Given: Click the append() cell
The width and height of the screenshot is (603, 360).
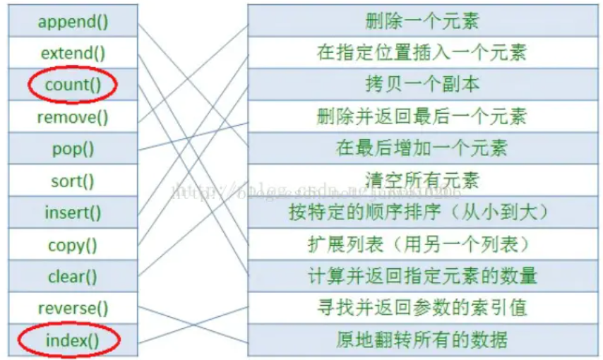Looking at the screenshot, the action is click(73, 21).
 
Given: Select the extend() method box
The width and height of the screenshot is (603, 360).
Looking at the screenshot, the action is click(73, 53).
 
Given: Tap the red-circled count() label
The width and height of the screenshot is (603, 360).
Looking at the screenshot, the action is click(73, 85).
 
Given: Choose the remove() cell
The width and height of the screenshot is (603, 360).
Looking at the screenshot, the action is click(73, 117).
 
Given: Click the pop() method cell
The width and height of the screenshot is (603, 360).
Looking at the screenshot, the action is click(73, 149).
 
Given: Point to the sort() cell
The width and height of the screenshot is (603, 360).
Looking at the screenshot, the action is click(73, 181).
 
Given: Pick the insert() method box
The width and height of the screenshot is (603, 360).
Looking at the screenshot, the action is click(73, 212).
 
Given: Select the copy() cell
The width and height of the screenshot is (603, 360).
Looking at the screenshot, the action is click(73, 245).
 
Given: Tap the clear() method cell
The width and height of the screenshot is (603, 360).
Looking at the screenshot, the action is click(73, 277).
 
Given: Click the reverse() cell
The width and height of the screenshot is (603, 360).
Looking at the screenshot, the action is click(73, 308).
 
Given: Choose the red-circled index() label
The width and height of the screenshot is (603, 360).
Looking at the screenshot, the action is click(73, 341).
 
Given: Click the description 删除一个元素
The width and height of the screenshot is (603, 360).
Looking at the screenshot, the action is click(422, 21).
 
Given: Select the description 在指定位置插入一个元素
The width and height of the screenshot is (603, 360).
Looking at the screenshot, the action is click(422, 53).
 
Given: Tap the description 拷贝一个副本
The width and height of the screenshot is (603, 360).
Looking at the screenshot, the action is click(422, 85).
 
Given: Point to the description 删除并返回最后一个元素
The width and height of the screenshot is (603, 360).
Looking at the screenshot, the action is click(422, 116).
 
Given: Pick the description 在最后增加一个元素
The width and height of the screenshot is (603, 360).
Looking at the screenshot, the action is click(422, 149).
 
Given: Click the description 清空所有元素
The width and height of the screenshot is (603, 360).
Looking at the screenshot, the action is click(422, 181).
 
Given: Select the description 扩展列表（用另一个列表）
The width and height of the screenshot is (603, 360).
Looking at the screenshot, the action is click(422, 245).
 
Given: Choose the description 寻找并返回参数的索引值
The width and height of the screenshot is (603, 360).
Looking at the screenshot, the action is click(422, 308).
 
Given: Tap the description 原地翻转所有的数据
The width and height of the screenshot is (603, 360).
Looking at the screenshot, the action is click(422, 341).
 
